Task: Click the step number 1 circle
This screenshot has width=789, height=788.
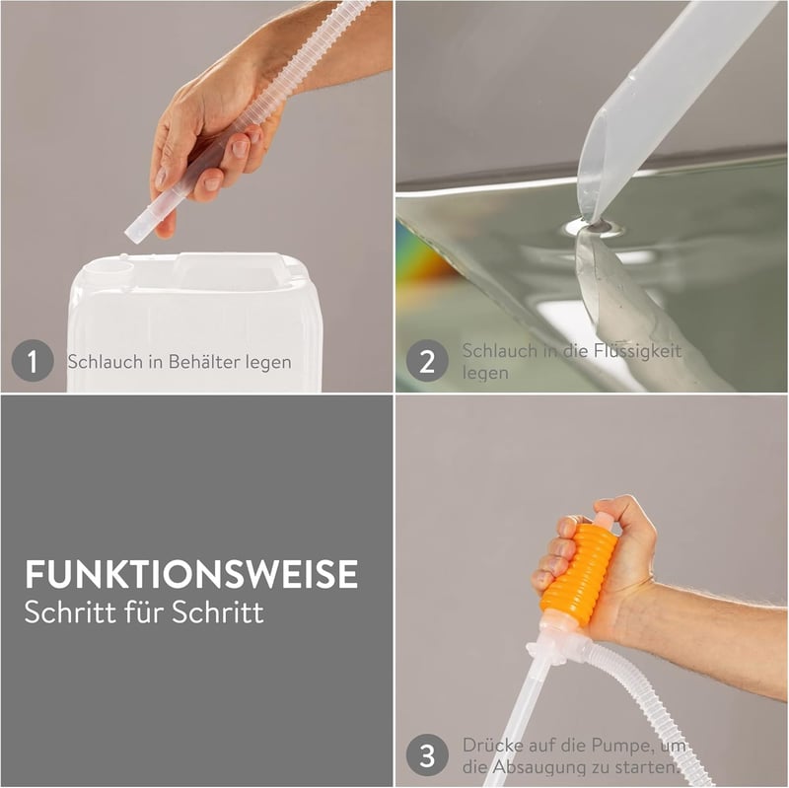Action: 33,361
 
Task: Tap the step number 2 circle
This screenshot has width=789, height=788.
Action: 427,361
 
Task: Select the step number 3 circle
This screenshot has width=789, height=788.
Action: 427,755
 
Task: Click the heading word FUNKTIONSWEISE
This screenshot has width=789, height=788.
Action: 191,574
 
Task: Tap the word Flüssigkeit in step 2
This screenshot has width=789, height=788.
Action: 637,351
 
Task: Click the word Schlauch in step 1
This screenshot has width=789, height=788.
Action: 106,361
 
